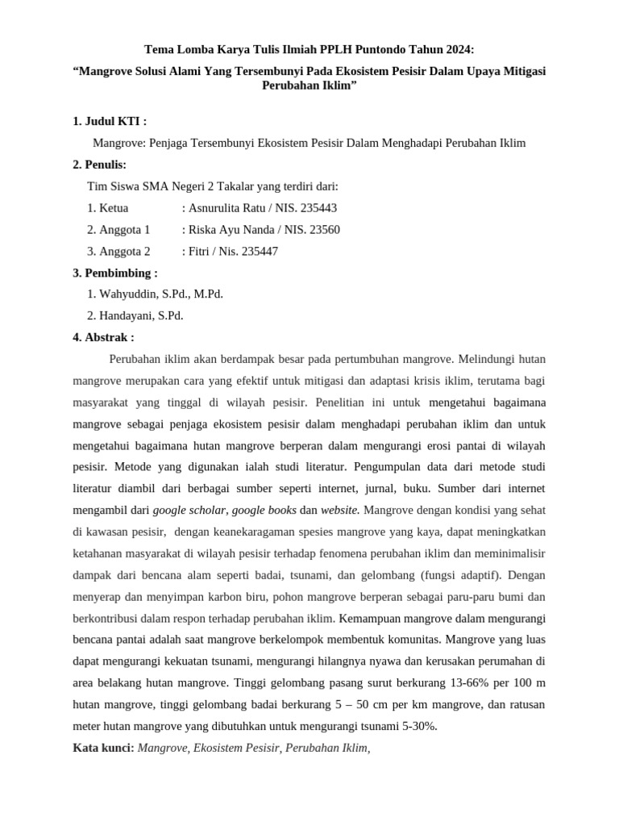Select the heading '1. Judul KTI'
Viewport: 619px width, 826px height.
click(x=110, y=121)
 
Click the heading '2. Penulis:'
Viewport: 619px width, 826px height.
click(x=100, y=165)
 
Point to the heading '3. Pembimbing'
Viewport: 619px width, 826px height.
click(x=114, y=273)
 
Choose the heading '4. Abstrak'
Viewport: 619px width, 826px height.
click(x=103, y=337)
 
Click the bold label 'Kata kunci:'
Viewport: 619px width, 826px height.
click(x=104, y=748)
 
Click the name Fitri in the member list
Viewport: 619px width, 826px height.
click(x=200, y=251)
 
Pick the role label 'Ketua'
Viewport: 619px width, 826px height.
click(x=114, y=207)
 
